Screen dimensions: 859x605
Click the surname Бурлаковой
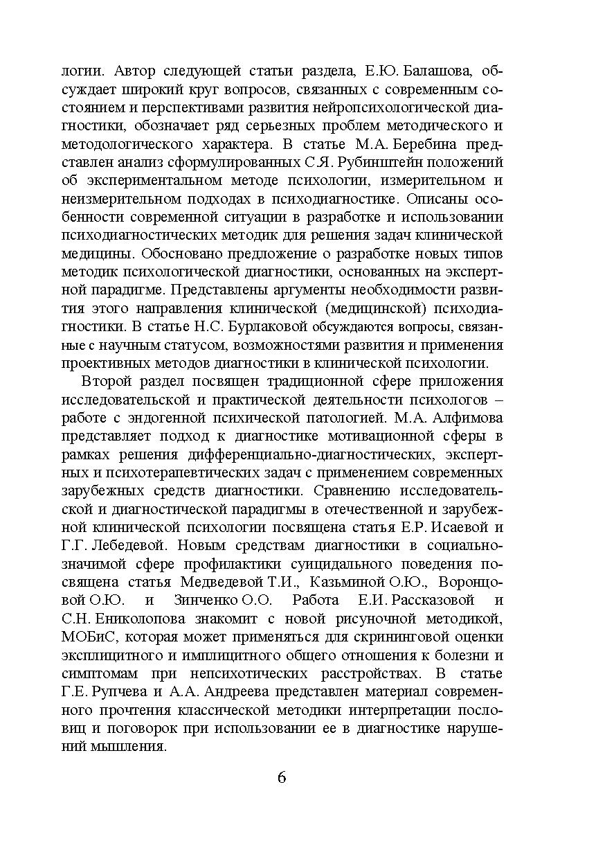point(276,327)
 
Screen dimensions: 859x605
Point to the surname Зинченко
point(222,600)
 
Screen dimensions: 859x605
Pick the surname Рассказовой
point(435,600)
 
